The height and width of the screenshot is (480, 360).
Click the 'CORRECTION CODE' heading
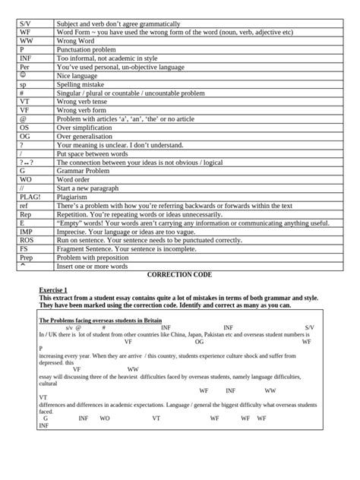(179, 273)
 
